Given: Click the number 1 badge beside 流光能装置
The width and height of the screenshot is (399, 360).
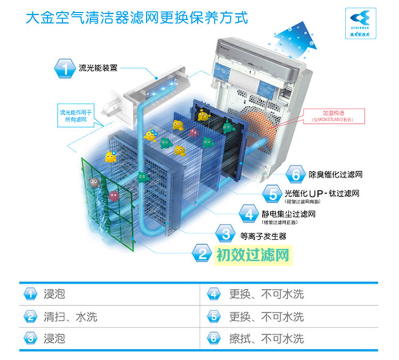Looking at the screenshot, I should click(64, 68).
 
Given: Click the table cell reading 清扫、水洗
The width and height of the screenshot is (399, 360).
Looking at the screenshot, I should click(70, 317).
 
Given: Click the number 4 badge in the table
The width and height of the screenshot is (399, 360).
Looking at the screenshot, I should click(214, 294).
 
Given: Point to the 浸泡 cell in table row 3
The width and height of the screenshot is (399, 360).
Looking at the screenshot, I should click(54, 338).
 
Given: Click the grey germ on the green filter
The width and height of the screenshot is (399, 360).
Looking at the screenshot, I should click(94, 182).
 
